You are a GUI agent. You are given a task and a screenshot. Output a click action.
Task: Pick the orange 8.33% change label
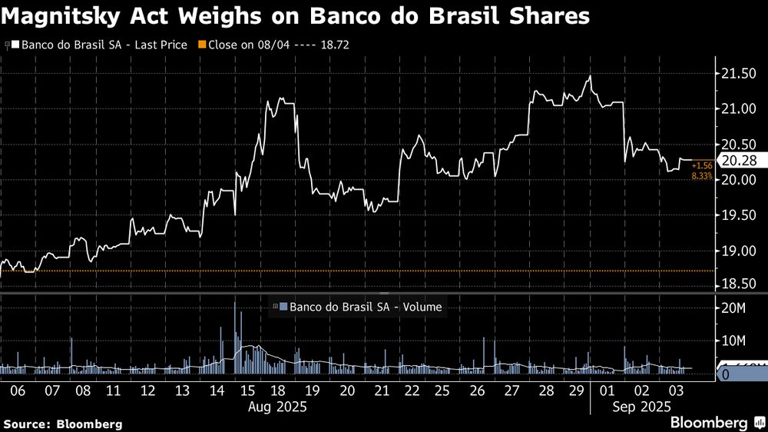tap(702, 177)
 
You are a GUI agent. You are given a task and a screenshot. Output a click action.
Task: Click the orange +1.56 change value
tap(702, 166)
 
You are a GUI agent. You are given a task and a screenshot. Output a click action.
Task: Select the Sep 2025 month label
tap(638, 406)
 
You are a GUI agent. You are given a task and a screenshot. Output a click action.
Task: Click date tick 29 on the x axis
tap(574, 390)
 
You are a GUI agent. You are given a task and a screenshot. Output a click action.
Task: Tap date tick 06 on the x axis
tap(18, 390)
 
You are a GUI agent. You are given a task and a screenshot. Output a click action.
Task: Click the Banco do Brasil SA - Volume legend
tap(358, 307)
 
